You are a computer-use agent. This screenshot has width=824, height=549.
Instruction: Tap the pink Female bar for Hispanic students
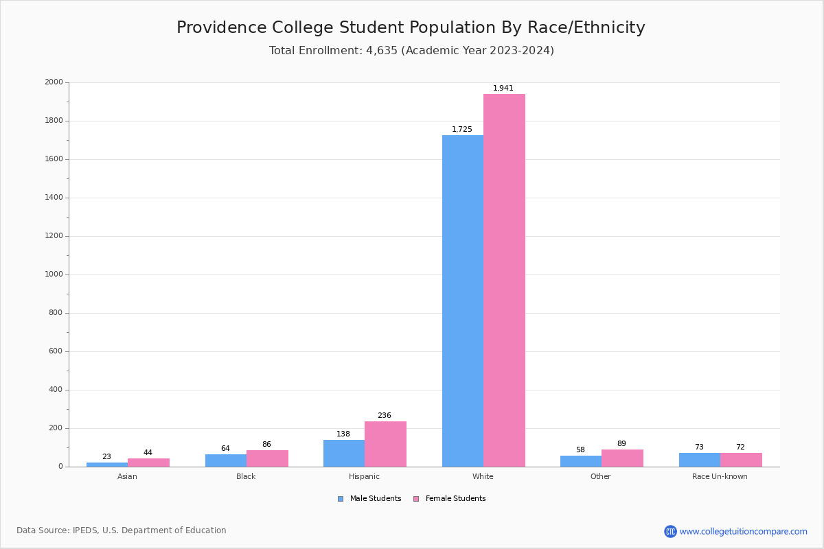tap(385, 444)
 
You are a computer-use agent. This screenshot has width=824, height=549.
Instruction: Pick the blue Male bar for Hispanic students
tap(344, 453)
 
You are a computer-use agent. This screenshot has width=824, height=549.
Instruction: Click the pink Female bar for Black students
tap(267, 458)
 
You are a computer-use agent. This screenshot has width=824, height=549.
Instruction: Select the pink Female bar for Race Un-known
tap(741, 460)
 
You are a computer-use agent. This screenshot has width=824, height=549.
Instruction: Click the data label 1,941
tap(503, 88)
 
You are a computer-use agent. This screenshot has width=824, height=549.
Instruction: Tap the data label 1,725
tap(462, 129)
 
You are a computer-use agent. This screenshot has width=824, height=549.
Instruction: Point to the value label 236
tap(385, 415)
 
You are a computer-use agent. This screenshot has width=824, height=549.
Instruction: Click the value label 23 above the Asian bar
tap(106, 456)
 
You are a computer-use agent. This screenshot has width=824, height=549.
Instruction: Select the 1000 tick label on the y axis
tap(54, 274)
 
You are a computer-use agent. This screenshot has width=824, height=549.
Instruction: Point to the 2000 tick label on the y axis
tap(54, 82)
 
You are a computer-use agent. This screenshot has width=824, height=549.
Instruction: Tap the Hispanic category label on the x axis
tap(364, 476)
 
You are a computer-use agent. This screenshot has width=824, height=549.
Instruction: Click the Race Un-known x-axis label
tap(720, 476)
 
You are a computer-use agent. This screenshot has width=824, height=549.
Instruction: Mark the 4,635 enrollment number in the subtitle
tap(382, 51)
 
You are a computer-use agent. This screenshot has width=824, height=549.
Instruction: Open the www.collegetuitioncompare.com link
tap(743, 531)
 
